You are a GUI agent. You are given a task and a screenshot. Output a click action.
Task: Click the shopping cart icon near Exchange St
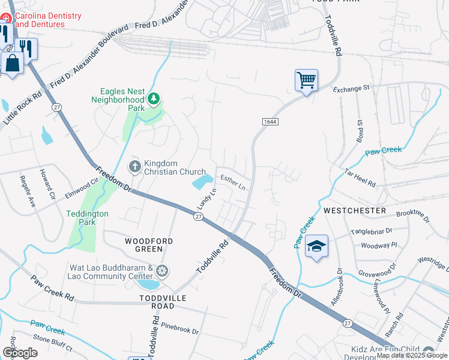(x=306, y=80)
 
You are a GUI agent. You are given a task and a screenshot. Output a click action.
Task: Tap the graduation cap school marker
(x=316, y=246)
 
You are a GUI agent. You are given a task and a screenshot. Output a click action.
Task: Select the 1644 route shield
(x=270, y=122)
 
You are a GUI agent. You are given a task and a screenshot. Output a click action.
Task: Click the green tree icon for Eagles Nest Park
(x=154, y=98)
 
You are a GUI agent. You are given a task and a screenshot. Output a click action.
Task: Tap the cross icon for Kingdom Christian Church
(x=136, y=166)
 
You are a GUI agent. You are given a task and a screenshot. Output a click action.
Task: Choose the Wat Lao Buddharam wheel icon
(x=161, y=271)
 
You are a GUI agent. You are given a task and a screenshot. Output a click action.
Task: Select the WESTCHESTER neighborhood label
(x=354, y=211)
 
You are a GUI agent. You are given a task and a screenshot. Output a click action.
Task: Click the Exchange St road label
(x=352, y=89)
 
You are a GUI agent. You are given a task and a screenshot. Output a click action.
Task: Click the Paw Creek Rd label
(x=52, y=289)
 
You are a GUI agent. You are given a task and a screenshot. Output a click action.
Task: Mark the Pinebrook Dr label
(x=179, y=331)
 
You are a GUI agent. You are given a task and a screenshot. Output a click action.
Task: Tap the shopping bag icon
(x=12, y=62)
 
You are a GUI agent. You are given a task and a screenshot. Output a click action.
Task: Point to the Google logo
(x=20, y=353)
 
